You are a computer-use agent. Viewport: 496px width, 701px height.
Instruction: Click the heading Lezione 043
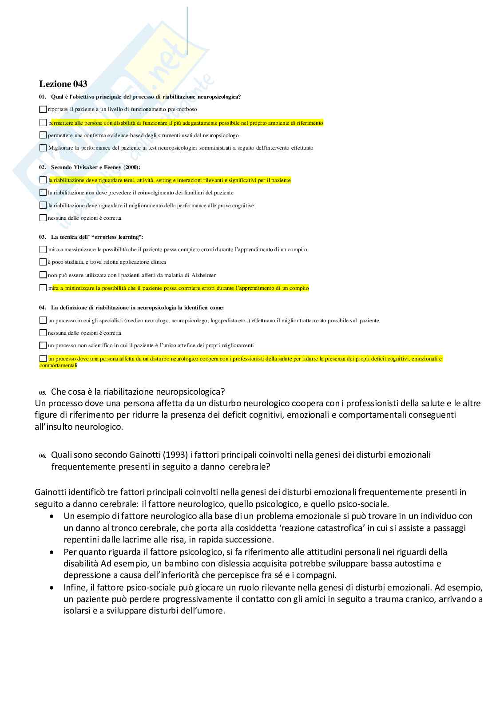tap(63, 84)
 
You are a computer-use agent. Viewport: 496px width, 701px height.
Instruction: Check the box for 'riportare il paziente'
tap(43, 109)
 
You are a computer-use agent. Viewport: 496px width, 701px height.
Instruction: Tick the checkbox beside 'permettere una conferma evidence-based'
tap(43, 135)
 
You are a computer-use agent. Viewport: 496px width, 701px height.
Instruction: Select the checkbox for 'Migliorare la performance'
tap(43, 148)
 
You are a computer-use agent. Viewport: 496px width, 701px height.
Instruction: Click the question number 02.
tap(43, 167)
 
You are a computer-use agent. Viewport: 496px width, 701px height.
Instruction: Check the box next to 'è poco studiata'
tap(43, 262)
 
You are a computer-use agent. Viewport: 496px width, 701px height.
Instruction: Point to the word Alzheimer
tap(203, 275)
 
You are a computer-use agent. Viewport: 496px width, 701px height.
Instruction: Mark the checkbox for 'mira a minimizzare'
tap(43, 288)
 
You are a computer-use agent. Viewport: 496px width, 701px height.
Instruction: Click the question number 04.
tap(43, 307)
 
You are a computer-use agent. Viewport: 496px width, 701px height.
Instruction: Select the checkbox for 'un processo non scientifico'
tap(43, 345)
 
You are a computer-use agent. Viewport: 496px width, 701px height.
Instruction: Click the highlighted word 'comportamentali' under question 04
tap(58, 365)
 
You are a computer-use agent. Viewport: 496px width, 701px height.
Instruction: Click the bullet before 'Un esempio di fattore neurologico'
tap(53, 516)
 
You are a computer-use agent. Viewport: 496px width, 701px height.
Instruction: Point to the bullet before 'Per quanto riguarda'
tap(53, 552)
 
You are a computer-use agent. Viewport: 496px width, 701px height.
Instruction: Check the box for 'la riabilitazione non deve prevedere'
tap(43, 193)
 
